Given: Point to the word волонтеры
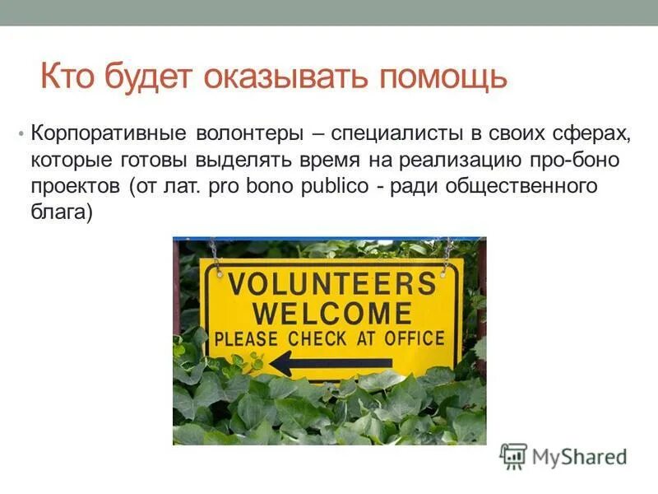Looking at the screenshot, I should tap(250, 133).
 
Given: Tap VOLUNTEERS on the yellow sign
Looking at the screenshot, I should tap(331, 284).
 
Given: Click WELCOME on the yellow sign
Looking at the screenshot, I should tap(331, 313).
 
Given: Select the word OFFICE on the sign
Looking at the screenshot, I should tap(411, 338).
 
